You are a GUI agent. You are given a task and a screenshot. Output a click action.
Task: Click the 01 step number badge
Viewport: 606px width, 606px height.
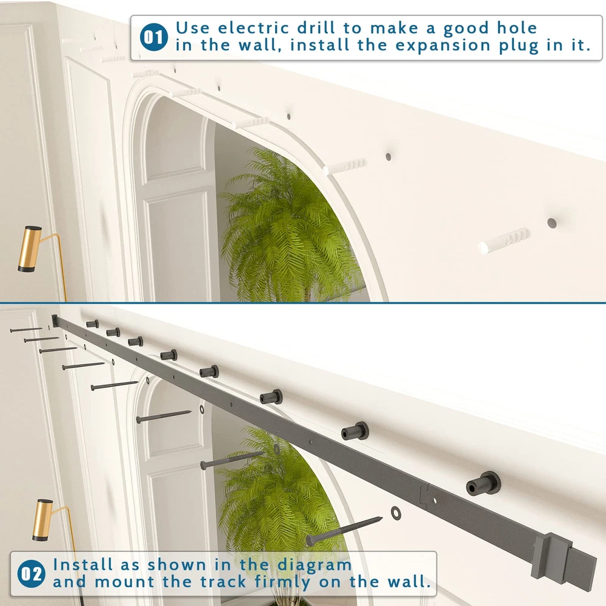(154, 38)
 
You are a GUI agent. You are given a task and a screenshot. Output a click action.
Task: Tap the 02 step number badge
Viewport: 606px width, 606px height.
(32, 573)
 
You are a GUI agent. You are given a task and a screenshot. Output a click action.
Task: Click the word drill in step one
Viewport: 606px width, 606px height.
(316, 28)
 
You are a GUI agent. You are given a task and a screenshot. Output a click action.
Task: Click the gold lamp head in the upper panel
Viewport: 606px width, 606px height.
(29, 249)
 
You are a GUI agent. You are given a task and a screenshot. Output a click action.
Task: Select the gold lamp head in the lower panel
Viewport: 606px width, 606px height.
(42, 520)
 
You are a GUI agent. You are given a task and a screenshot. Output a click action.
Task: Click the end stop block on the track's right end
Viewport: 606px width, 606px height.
(552, 556)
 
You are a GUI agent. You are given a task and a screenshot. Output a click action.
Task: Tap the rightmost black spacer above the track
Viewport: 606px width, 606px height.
(484, 483)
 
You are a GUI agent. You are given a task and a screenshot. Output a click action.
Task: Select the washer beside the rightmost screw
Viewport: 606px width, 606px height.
(396, 513)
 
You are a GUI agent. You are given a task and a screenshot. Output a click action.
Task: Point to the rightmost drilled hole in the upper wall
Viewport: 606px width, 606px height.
(551, 223)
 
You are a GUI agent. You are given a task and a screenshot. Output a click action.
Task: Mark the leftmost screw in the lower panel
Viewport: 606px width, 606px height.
(26, 330)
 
